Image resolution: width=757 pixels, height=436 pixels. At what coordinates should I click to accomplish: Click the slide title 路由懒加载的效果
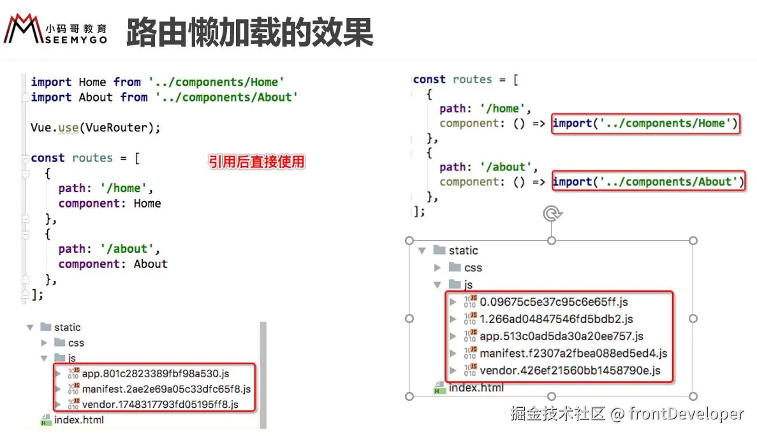pyautogui.click(x=249, y=32)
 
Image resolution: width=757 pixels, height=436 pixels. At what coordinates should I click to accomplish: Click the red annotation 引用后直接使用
pyautogui.click(x=256, y=162)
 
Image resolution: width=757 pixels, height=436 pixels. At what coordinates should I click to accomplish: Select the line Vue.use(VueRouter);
pyautogui.click(x=96, y=128)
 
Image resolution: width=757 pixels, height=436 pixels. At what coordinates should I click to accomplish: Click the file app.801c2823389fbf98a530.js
pyautogui.click(x=155, y=373)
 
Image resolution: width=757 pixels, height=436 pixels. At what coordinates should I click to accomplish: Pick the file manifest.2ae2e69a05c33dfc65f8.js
pyautogui.click(x=166, y=389)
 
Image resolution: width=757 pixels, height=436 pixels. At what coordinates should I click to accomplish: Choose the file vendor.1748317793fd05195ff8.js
pyautogui.click(x=159, y=404)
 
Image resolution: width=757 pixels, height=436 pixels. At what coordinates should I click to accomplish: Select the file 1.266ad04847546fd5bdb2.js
pyautogui.click(x=556, y=319)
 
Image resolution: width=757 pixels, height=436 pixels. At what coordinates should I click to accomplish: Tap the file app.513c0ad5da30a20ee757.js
pyautogui.click(x=561, y=336)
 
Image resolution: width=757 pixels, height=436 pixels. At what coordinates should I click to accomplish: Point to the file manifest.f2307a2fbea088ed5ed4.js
pyautogui.click(x=573, y=353)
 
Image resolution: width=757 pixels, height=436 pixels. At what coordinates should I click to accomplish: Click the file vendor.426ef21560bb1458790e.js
pyautogui.click(x=570, y=370)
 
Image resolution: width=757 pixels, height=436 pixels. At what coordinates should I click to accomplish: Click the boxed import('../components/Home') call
pyautogui.click(x=645, y=123)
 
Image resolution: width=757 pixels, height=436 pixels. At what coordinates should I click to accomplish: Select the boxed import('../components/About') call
pyautogui.click(x=648, y=182)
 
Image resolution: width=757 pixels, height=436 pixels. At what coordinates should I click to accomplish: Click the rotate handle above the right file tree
pyautogui.click(x=551, y=214)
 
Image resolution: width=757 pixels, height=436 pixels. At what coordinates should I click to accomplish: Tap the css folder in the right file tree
pyautogui.click(x=473, y=267)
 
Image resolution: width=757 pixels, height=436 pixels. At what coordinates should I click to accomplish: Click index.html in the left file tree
pyautogui.click(x=78, y=420)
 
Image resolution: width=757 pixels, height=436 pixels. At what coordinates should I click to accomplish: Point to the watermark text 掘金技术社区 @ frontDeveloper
pyautogui.click(x=627, y=414)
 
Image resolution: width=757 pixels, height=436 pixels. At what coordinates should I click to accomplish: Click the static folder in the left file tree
pyautogui.click(x=67, y=327)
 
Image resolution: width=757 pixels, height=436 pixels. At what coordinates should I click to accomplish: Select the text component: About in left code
pyautogui.click(x=113, y=264)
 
